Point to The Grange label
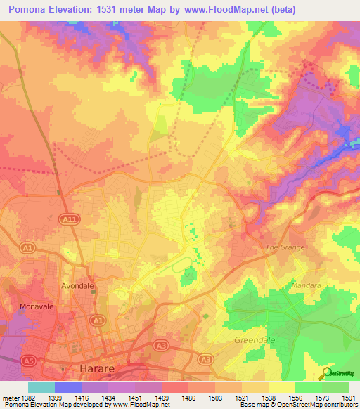[285, 248]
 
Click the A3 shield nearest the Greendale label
[205, 359]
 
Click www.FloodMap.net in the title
[226, 9]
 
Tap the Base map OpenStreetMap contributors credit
[299, 405]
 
